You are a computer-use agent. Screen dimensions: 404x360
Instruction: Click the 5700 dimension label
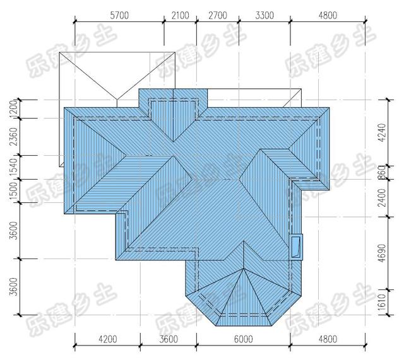119,15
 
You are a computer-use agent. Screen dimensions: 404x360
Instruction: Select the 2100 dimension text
180,15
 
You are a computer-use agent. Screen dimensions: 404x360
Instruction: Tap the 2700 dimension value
218,15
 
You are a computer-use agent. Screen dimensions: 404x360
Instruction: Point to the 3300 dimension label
264,15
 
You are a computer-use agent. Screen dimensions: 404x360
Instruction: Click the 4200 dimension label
108,339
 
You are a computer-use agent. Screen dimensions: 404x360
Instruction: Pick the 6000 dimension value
243,339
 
